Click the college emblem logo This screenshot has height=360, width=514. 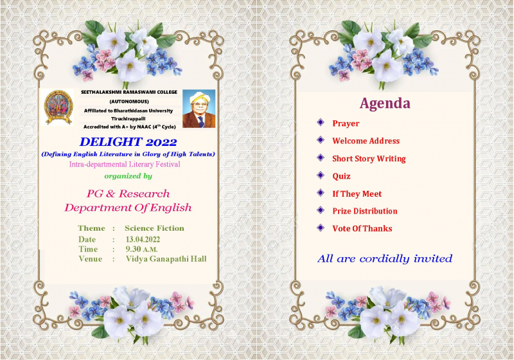58,107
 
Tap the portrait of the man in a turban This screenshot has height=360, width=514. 199,109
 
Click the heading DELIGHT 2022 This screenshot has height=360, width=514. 128,142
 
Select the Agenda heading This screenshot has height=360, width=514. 385,104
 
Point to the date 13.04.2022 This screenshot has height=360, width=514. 143,239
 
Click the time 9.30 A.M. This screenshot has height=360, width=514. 141,249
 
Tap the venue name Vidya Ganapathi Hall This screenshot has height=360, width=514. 166,259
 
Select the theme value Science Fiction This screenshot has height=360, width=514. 154,228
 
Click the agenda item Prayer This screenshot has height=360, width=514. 346,123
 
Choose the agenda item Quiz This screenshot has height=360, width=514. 341,176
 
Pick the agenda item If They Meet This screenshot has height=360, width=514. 357,194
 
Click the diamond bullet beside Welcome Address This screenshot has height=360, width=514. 321,140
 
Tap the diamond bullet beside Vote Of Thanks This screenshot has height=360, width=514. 321,228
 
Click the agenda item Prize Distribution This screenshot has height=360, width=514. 365,211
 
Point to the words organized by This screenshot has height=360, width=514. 128,176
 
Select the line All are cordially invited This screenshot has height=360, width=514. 385,258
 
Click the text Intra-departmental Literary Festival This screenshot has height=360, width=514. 125,165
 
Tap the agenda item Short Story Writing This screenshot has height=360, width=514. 369,159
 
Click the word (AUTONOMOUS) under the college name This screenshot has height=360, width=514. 129,102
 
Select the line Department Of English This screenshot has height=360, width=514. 128,208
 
